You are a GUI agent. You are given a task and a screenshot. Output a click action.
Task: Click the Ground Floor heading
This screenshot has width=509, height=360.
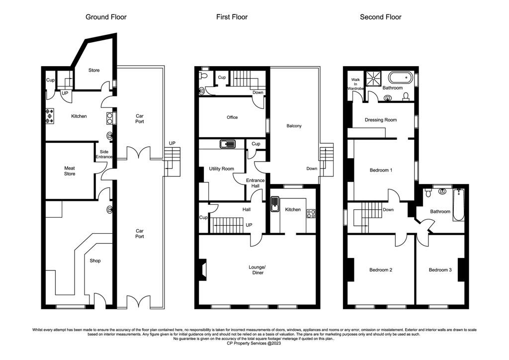click(x=106, y=17)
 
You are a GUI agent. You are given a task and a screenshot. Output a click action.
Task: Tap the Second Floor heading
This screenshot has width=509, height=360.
click(x=380, y=17)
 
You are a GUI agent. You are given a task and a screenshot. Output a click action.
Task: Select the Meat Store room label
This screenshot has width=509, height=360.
click(x=70, y=171)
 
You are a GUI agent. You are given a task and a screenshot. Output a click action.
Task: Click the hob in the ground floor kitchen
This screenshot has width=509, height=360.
click(x=50, y=116)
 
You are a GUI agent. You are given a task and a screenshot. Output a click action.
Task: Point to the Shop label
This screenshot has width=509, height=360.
click(x=95, y=261)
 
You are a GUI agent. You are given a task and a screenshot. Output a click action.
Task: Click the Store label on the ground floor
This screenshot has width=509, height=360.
click(x=94, y=70)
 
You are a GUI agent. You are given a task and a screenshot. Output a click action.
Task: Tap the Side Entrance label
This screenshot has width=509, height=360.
click(x=104, y=154)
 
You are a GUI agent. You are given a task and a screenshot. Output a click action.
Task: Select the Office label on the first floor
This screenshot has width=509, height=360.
click(x=232, y=117)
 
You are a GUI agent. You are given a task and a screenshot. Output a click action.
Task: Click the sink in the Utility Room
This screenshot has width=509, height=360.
click(x=228, y=144)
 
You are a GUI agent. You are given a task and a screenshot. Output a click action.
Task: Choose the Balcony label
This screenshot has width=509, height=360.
click(x=294, y=126)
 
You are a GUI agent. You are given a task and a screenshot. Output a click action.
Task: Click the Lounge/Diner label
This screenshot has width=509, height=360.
click(x=257, y=270)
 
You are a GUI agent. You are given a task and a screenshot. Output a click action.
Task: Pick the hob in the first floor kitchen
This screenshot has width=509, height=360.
click(x=311, y=214)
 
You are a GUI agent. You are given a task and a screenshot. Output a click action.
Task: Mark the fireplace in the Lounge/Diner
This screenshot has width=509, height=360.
click(x=203, y=269)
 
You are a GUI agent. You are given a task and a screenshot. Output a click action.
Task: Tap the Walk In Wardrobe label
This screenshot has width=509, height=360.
click(x=355, y=84)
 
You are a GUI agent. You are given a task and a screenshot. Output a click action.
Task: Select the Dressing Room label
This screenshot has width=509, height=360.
click(x=380, y=120)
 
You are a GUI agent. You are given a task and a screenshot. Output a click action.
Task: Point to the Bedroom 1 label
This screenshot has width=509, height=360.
click(x=381, y=170)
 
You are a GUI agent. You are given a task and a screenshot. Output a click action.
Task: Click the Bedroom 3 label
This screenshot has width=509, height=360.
click(x=440, y=270)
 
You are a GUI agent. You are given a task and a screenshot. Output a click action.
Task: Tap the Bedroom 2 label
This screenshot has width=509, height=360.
click(x=381, y=270)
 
